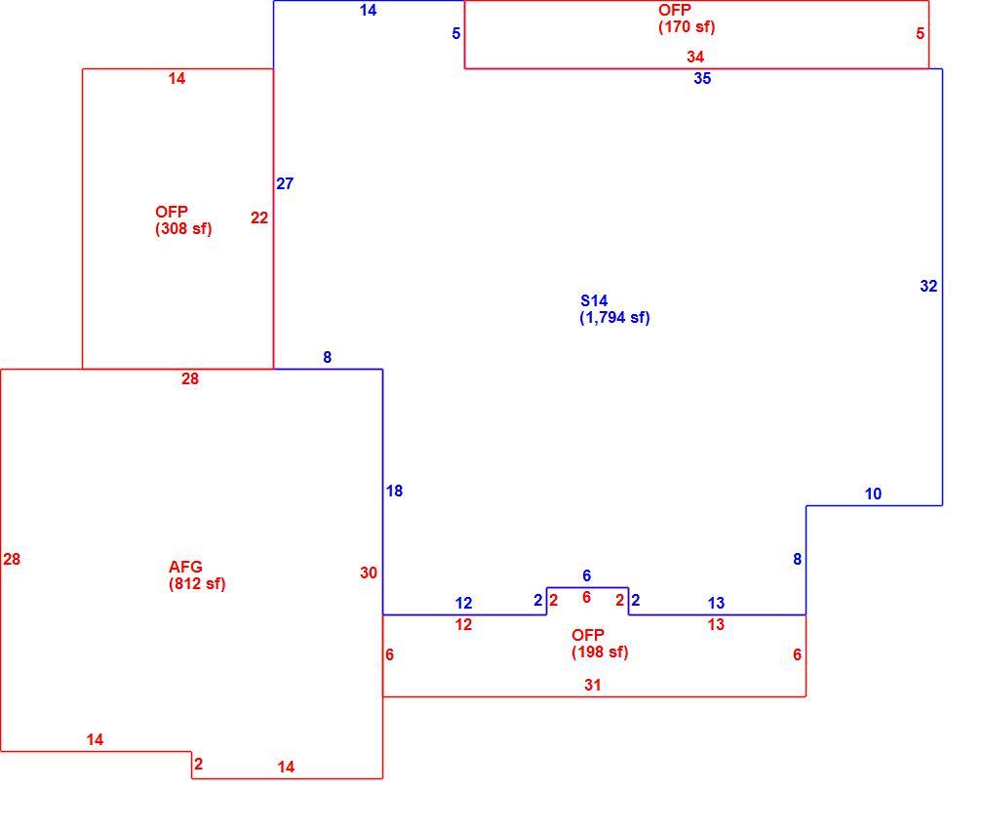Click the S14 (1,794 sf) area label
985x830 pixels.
[x=614, y=309]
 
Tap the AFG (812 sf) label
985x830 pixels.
[x=197, y=574]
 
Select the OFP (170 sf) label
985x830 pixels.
[x=687, y=19]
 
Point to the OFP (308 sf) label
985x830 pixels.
[x=183, y=219]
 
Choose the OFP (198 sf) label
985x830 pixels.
[x=600, y=644]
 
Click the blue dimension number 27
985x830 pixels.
[x=285, y=183]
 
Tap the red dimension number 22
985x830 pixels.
[x=259, y=218]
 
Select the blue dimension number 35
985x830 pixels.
[x=702, y=79]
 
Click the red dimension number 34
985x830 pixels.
[x=694, y=58]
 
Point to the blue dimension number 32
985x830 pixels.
[x=928, y=287]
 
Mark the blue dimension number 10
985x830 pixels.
[x=873, y=494]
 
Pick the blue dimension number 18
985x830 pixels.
[x=395, y=492]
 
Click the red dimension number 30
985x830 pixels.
[x=369, y=573]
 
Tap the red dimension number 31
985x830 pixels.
[x=592, y=685]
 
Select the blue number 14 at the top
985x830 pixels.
[x=368, y=10]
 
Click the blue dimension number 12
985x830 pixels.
[x=463, y=603]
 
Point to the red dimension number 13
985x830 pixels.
[x=716, y=624]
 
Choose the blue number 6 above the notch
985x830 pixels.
[x=587, y=575]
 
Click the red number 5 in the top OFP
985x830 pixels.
[x=921, y=33]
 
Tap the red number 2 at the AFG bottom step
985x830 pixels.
[x=199, y=764]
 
